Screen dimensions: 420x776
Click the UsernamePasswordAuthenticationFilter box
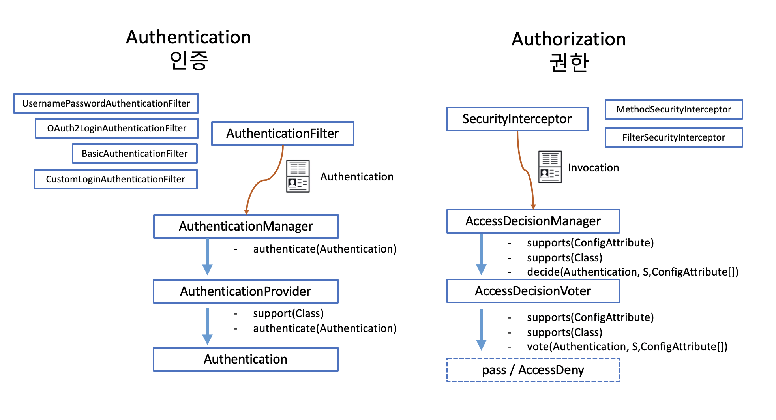tap(106, 103)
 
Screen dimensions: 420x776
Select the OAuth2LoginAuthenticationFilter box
tap(116, 128)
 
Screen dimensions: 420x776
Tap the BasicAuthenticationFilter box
tap(135, 154)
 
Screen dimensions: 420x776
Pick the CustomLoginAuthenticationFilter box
tap(115, 179)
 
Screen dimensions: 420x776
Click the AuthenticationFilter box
tap(283, 133)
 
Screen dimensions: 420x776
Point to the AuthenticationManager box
tap(246, 226)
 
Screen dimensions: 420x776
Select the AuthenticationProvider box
tap(246, 291)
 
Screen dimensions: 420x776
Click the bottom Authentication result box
tap(246, 359)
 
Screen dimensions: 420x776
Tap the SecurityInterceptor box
tap(517, 119)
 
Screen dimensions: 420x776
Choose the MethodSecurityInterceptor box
tap(673, 109)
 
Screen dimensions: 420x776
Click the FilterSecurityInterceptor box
tap(673, 137)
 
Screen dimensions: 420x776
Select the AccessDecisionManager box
tap(533, 221)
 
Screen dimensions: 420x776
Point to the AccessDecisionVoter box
tap(533, 291)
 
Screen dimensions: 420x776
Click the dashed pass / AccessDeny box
tap(533, 370)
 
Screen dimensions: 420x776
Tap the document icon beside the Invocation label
tap(550, 167)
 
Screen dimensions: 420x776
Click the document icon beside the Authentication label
tap(298, 176)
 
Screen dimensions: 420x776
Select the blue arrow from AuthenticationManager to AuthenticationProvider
tap(207, 257)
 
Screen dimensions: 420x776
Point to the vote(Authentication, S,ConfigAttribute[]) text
tap(627, 347)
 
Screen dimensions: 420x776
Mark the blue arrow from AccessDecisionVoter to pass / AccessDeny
tap(481, 330)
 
